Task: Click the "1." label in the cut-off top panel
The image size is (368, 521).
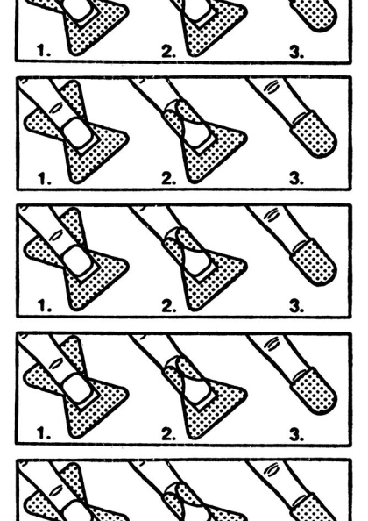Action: (x=44, y=51)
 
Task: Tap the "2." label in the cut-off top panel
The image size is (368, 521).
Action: (x=168, y=52)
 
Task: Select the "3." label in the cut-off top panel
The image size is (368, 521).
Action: (x=296, y=52)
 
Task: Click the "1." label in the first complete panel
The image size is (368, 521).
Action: (x=45, y=178)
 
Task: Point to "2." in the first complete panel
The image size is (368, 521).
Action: (x=168, y=179)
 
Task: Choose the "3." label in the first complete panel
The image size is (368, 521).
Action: (x=296, y=179)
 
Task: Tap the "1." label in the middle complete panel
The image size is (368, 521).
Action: (x=45, y=306)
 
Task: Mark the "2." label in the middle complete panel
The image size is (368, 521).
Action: (x=169, y=306)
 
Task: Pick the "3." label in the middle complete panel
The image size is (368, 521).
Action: (x=296, y=306)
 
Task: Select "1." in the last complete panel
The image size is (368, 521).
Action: (x=44, y=433)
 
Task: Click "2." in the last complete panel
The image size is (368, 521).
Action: (x=168, y=434)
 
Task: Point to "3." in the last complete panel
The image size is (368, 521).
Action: (x=296, y=434)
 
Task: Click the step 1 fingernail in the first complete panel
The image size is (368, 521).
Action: (x=77, y=133)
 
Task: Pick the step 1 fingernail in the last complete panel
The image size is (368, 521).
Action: (x=77, y=389)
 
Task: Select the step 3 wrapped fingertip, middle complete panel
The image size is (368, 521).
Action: (x=314, y=262)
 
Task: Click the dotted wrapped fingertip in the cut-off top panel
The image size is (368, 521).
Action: (x=314, y=14)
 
